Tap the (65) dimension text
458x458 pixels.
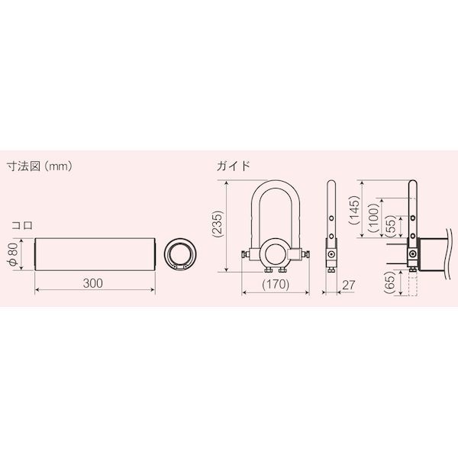pyautogui.click(x=391, y=287)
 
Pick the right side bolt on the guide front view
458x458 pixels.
pyautogui.click(x=305, y=253)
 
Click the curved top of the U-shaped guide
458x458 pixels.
pyautogui.click(x=275, y=186)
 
